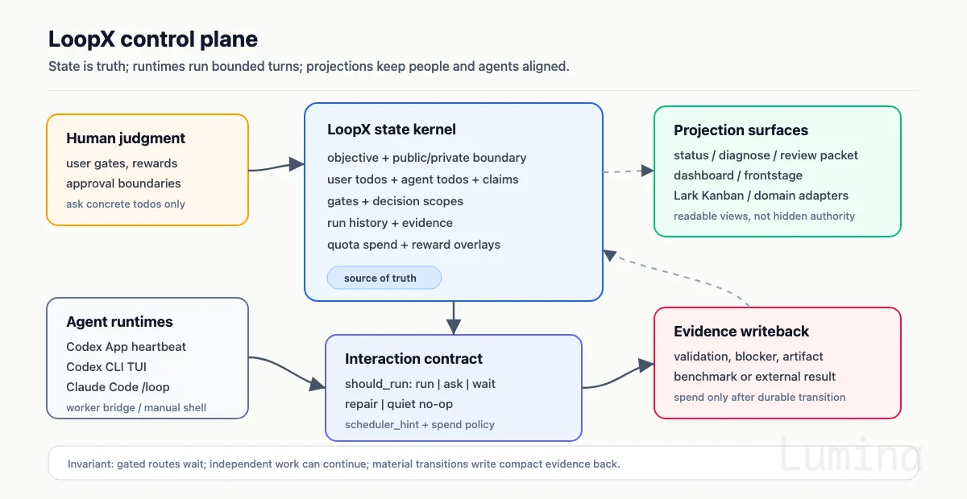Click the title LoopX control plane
point(153,39)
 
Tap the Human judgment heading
point(126,138)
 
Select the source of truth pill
point(384,278)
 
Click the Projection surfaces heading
point(741,130)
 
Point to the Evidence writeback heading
point(741,332)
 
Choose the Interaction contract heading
point(413,359)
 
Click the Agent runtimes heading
point(119,322)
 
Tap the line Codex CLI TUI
point(106,366)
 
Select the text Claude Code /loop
point(118,387)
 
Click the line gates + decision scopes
point(395,201)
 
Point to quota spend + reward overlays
point(413,245)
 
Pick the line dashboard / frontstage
point(738,175)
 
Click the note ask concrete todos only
point(126,204)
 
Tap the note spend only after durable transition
point(759,398)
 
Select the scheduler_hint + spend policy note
point(420,425)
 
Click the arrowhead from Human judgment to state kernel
point(297,164)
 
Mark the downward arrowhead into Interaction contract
point(453,327)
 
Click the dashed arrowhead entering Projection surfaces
point(647,171)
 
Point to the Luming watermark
point(850,454)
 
